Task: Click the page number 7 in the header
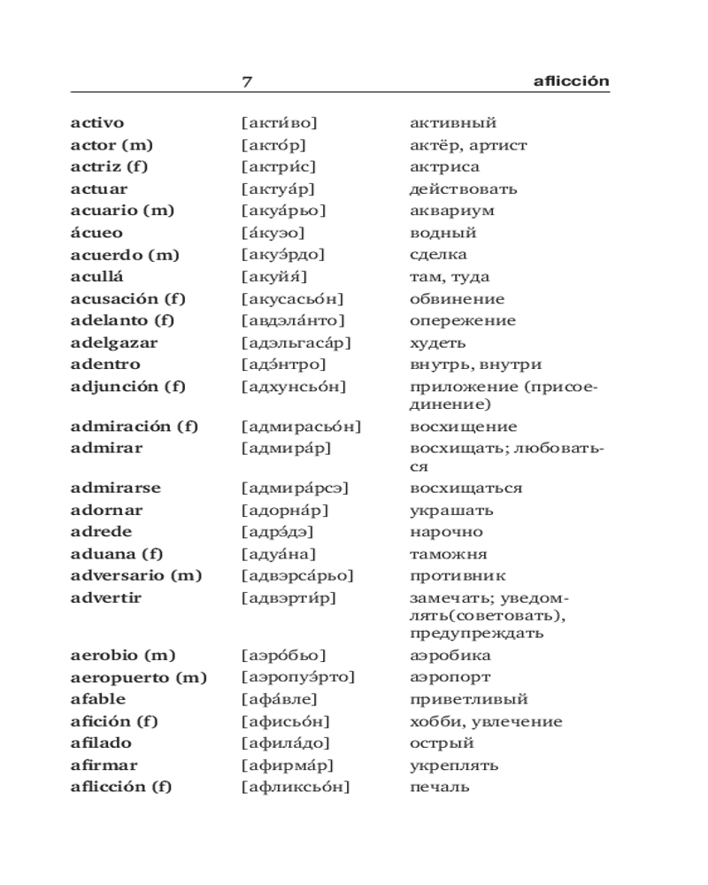(247, 81)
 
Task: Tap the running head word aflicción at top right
(572, 81)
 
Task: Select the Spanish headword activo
(97, 123)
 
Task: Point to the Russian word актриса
(444, 167)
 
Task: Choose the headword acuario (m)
(122, 211)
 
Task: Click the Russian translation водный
(442, 233)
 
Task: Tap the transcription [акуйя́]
(273, 277)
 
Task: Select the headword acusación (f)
(127, 299)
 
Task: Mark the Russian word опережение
(462, 320)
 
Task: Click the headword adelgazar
(114, 342)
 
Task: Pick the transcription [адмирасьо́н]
(301, 427)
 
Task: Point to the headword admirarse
(116, 489)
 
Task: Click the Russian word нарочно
(446, 532)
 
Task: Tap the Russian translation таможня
(448, 554)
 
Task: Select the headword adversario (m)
(136, 576)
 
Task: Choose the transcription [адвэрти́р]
(289, 598)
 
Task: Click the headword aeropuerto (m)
(138, 678)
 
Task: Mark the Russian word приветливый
(468, 700)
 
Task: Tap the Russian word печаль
(439, 787)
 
